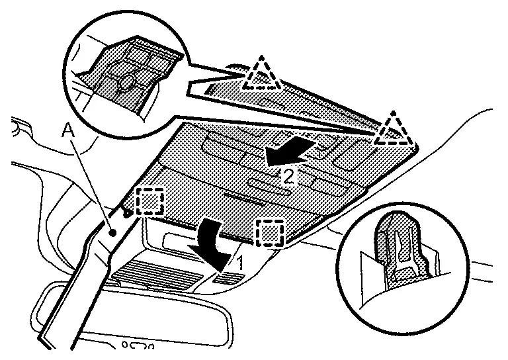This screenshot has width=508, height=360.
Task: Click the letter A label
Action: point(67,130)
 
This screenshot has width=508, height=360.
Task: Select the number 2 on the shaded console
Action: point(288,176)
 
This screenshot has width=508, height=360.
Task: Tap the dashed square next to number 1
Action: point(270,232)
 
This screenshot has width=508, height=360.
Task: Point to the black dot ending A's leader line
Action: point(114,233)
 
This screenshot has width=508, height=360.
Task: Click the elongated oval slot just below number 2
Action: point(271,187)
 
